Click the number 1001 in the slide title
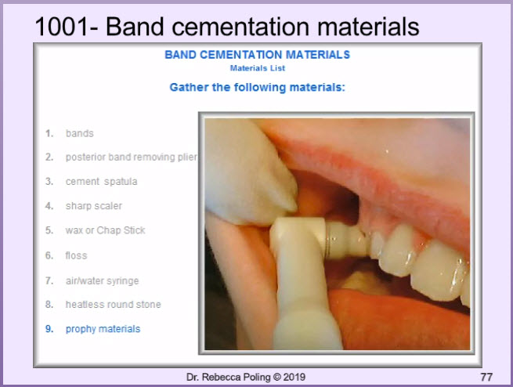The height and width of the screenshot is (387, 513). (x=61, y=27)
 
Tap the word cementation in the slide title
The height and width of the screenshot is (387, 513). (x=240, y=27)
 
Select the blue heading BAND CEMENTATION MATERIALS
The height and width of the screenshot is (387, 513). (x=257, y=55)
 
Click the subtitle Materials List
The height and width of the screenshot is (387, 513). (x=258, y=68)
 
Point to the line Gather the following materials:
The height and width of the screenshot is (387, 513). (x=257, y=87)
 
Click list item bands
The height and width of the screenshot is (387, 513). (x=80, y=133)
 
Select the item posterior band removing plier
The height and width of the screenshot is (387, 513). (x=132, y=157)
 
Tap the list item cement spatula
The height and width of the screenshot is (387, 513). (x=101, y=182)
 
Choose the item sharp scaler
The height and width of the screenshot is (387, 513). (x=93, y=206)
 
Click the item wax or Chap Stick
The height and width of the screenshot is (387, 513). (x=105, y=230)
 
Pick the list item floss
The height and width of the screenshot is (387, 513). (x=76, y=255)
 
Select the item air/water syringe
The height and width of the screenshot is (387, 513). (x=102, y=281)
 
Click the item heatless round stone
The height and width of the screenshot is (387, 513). (x=114, y=305)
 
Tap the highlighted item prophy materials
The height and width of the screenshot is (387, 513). (x=103, y=329)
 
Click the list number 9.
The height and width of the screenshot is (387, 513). (x=49, y=329)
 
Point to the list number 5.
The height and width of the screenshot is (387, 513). (x=49, y=230)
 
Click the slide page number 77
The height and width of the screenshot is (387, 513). (x=486, y=377)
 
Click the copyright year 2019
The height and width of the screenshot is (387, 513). (x=294, y=377)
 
